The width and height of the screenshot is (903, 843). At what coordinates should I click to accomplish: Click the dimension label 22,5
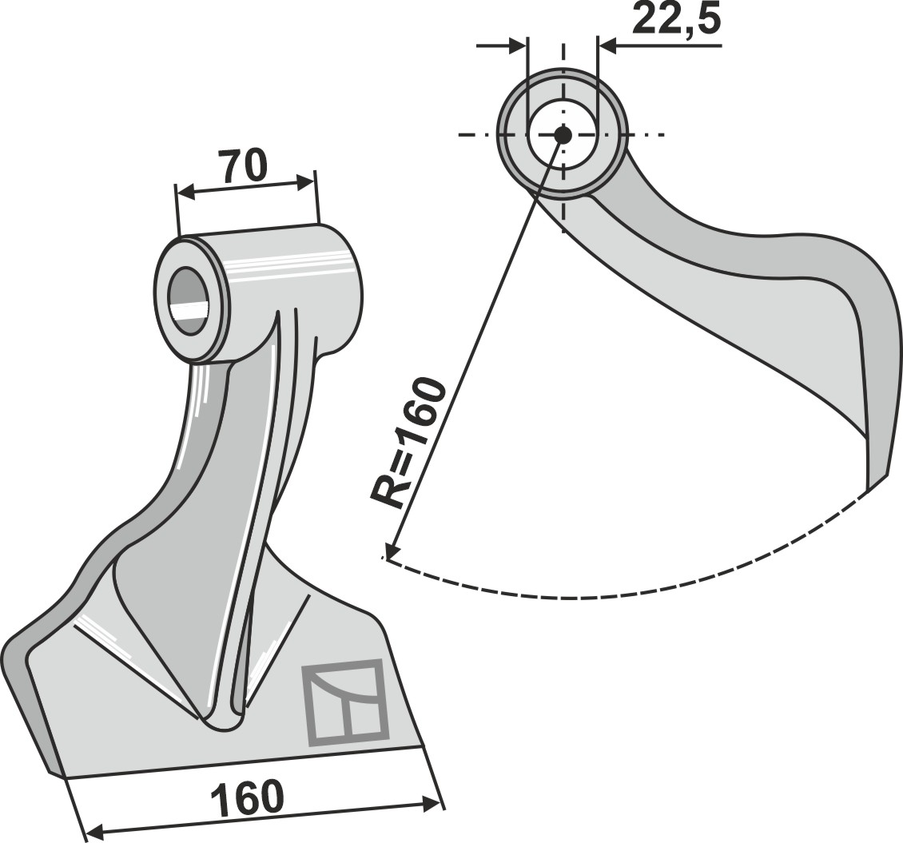[676, 20]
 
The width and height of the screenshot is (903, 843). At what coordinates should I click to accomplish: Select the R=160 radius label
[408, 443]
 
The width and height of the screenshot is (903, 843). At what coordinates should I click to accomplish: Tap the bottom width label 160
[248, 797]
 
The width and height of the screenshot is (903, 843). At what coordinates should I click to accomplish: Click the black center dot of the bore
[563, 135]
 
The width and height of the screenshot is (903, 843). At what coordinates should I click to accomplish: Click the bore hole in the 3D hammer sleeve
[189, 300]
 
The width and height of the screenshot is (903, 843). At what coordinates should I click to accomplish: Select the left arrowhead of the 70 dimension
[185, 193]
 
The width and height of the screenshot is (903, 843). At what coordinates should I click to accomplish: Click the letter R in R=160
[388, 491]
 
